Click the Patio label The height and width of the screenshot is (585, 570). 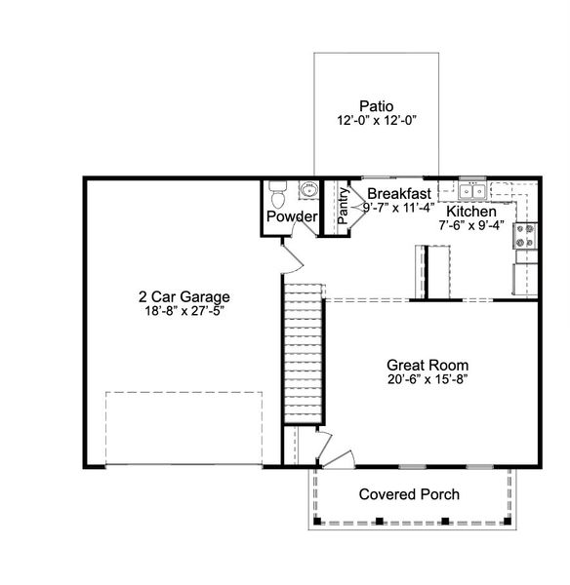[376, 106]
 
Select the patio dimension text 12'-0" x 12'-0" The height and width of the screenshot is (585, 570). [376, 122]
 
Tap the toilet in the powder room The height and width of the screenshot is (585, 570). [277, 195]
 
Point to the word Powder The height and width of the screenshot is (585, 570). [292, 216]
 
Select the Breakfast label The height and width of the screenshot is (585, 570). [399, 194]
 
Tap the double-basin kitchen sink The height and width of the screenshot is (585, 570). [472, 190]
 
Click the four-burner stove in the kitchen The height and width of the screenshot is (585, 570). [524, 234]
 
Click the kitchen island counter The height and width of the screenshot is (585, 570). [437, 271]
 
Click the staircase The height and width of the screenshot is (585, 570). [302, 351]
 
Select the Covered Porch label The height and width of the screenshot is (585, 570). [409, 494]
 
